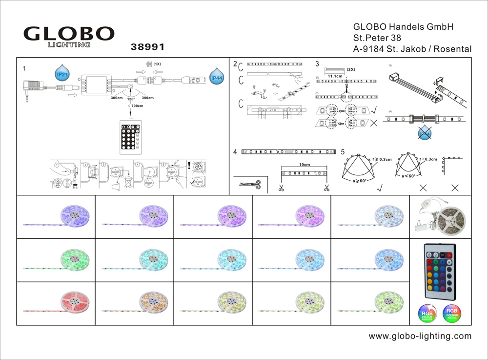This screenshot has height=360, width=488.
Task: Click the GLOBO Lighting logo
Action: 69,37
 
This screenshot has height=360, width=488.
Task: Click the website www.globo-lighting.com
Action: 420,336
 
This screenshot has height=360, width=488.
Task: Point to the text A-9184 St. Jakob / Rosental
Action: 412,49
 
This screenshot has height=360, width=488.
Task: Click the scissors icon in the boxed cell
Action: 250,185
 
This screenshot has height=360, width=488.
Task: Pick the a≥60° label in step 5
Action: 362,180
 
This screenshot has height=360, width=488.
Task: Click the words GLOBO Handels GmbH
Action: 403,27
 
